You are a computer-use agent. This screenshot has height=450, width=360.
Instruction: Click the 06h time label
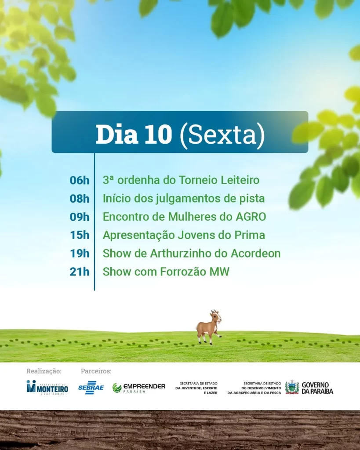pos(80,180)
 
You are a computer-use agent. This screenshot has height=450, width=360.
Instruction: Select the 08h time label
pos(80,199)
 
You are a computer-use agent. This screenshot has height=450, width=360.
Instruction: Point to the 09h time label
pos(80,217)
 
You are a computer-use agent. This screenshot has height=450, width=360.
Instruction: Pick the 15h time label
pos(80,235)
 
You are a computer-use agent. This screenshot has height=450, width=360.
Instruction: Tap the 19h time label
pos(80,254)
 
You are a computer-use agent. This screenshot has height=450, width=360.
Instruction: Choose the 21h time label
pos(80,272)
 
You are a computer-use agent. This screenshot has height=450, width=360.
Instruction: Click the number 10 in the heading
pos(158,134)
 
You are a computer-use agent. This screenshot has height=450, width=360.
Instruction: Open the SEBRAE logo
pos(91,388)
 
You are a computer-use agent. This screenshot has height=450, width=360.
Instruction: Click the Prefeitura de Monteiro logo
pos(47,388)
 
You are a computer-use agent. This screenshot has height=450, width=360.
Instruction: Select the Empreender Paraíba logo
pos(139,388)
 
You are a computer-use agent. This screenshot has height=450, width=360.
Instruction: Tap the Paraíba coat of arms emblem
pos(292,387)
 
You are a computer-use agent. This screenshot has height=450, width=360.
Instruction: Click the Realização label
pos(44,371)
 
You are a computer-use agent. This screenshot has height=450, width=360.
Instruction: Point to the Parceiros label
pos(96,371)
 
